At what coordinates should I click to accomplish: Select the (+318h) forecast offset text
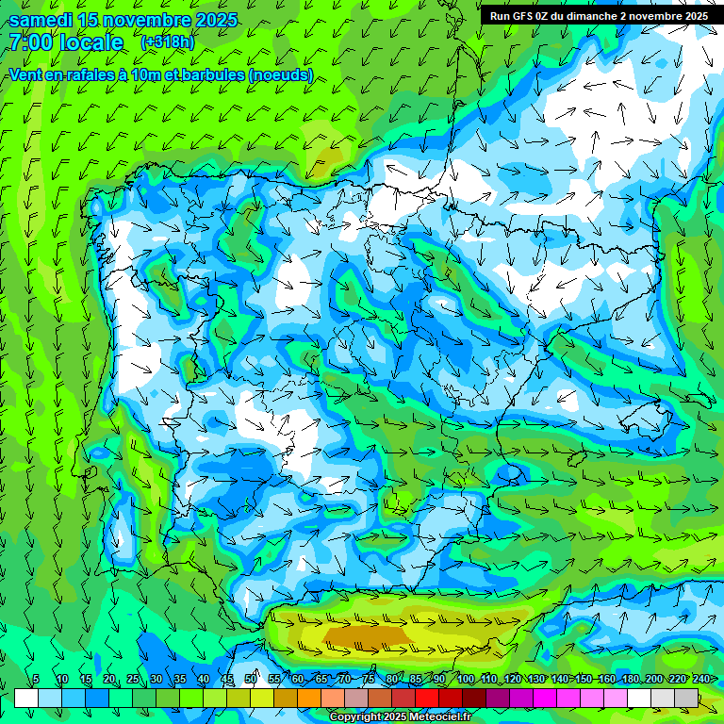pos(168,42)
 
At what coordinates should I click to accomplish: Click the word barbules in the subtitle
pos(206,74)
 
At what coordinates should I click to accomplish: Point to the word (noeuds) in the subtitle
pos(281,74)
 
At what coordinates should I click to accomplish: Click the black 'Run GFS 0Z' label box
pos(599,16)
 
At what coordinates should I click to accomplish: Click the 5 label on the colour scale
pos(36,679)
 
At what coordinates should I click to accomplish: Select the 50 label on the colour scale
pos(251,679)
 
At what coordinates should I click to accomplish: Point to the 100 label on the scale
pos(465,679)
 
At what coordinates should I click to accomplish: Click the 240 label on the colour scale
pos(700,679)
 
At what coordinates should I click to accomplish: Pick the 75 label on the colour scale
pos(369,679)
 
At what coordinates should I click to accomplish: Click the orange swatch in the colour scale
pos(309,699)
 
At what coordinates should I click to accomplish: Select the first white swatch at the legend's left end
pos(26,699)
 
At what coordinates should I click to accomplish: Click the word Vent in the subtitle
pos(25,74)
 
